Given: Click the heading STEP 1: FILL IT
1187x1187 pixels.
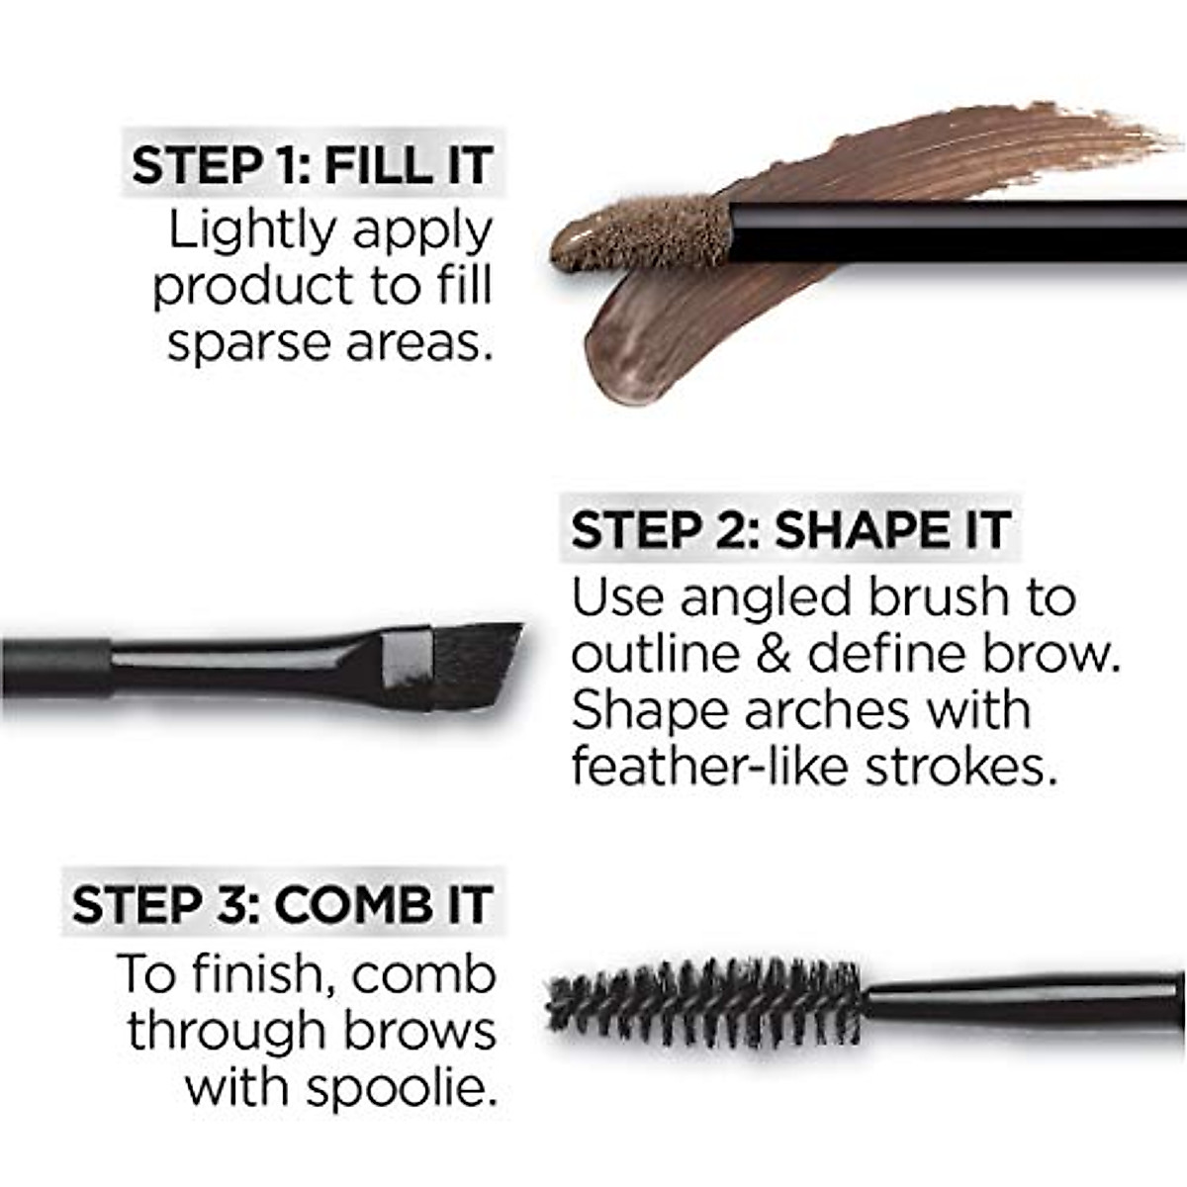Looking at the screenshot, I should pos(313,164).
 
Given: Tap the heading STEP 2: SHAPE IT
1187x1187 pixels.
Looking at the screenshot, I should pos(790,530).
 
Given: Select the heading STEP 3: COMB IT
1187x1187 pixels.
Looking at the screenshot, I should pos(283,904).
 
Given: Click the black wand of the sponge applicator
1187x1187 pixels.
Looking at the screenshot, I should pos(950,229).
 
